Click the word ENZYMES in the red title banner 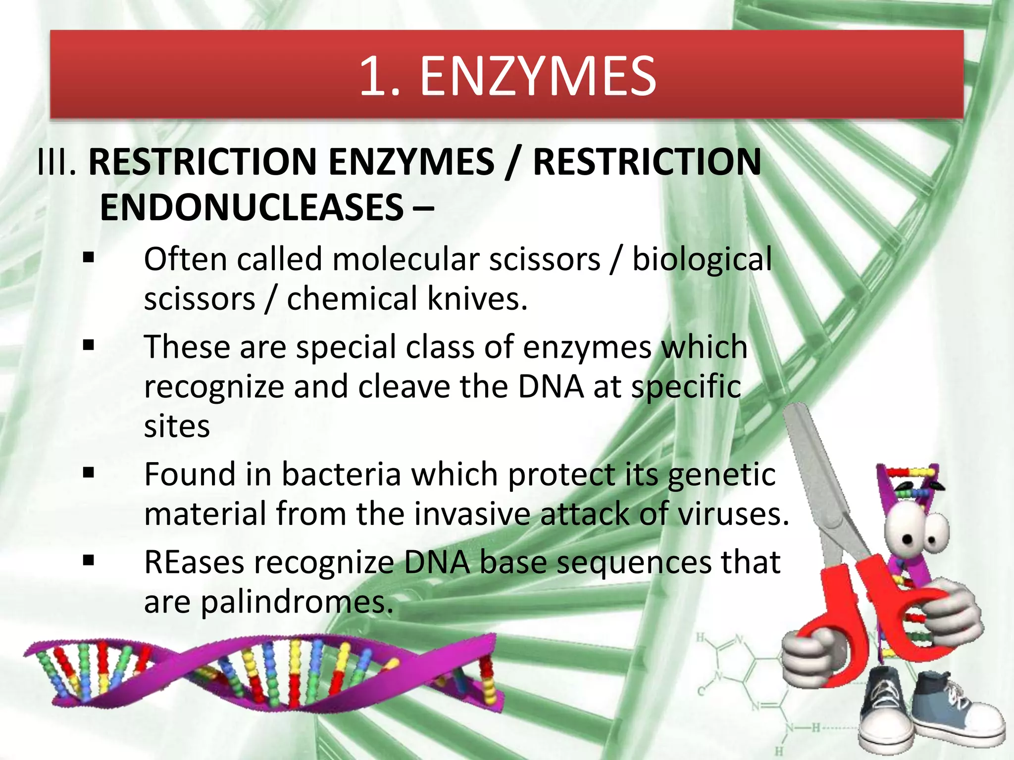pos(538,77)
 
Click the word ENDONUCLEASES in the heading pos(252,207)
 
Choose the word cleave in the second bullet pos(404,386)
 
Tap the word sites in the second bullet pos(177,426)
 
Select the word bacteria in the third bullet pos(341,475)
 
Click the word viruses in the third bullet pos(726,514)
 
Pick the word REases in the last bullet pos(194,563)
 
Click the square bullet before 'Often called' pos(89,257)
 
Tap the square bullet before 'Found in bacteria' pos(89,473)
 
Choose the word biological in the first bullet pos(702,259)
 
